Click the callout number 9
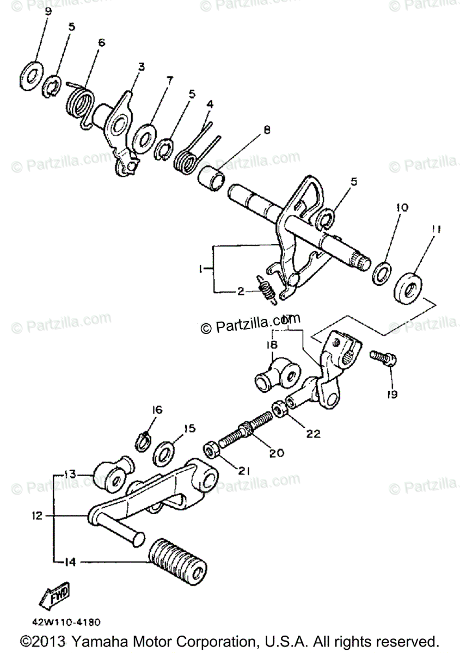(x=47, y=11)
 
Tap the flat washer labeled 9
(x=30, y=75)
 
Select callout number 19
(x=391, y=394)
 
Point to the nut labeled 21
(x=211, y=449)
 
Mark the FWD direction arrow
(x=56, y=598)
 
